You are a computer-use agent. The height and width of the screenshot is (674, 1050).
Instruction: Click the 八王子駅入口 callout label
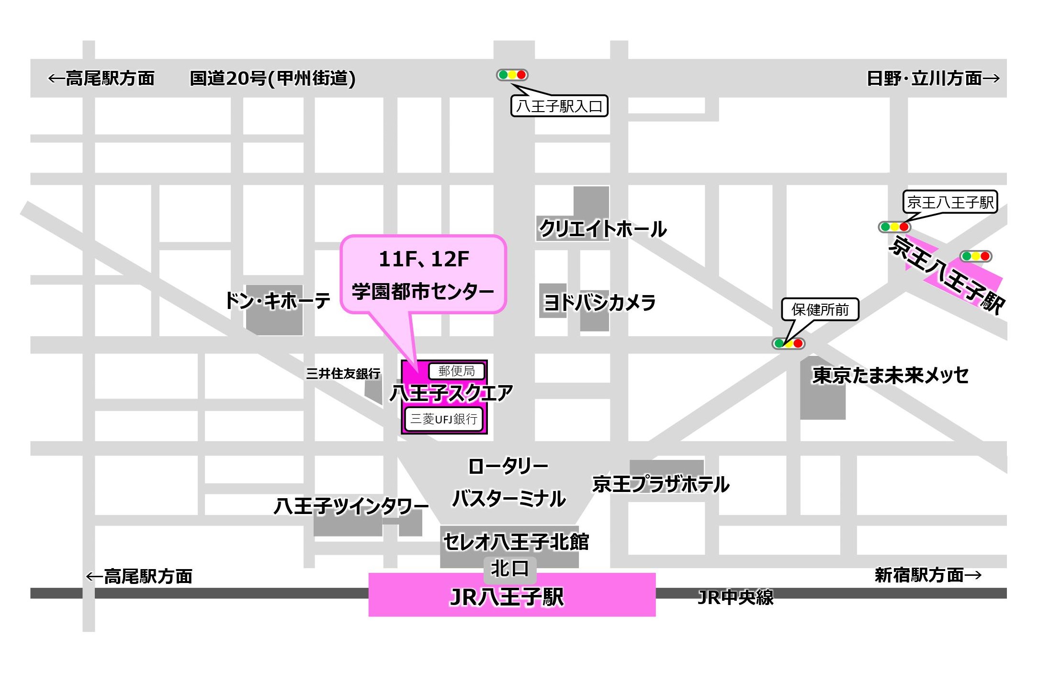point(559,106)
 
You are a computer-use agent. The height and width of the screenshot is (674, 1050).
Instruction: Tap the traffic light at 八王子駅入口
point(512,75)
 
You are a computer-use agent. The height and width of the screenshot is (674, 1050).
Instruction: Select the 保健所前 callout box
point(820,309)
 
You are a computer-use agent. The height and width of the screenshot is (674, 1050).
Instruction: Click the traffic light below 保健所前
point(788,343)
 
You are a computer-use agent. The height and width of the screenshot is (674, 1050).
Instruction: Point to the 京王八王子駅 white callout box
point(950,202)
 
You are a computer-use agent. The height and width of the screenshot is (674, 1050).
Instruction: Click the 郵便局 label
point(456,371)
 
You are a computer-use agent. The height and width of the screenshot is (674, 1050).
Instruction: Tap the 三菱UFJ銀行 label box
point(443,419)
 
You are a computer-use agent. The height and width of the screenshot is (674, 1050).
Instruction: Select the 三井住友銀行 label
point(343,373)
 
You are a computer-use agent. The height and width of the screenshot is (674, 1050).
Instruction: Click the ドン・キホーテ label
point(278,301)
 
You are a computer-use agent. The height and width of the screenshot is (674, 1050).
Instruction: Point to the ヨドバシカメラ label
point(599,302)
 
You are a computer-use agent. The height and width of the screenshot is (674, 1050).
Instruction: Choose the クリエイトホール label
point(603,228)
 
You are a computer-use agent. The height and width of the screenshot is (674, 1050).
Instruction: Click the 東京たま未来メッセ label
point(890,375)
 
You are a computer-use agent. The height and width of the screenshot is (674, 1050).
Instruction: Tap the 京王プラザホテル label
point(661,484)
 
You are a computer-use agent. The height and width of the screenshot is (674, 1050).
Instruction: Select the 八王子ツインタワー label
point(351,506)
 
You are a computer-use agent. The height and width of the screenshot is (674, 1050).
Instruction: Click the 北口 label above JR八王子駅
point(509,569)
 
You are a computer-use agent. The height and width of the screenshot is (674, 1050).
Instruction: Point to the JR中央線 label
point(735,597)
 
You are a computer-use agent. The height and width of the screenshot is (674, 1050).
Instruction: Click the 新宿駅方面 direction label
point(928,575)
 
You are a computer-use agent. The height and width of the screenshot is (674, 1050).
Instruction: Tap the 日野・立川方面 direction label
point(933,78)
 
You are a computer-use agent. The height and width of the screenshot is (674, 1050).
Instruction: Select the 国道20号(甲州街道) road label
point(272,79)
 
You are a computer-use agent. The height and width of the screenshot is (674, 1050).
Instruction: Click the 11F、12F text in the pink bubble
point(424,259)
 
